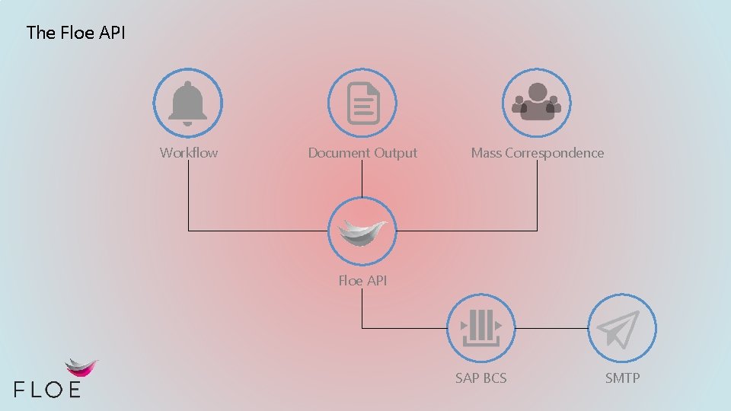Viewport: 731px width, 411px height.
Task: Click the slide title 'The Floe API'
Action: point(75,32)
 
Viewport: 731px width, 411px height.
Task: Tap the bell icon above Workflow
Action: point(188,104)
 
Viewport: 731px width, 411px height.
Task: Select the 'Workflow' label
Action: point(189,153)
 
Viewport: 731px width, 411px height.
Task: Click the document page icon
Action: point(362,104)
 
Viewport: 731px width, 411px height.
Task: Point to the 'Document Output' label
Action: point(362,153)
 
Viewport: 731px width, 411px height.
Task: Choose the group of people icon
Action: point(537,103)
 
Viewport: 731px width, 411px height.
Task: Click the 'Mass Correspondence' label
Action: point(538,153)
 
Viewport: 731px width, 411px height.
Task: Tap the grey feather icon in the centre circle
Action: point(362,231)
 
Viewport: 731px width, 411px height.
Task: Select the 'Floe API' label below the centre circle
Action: point(362,281)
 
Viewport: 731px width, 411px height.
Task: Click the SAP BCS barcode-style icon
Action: point(480,328)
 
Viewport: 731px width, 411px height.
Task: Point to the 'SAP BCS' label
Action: point(480,378)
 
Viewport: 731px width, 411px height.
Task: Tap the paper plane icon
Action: point(621,328)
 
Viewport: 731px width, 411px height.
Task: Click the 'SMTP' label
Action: point(622,378)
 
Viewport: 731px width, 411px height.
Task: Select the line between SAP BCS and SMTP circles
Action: point(551,329)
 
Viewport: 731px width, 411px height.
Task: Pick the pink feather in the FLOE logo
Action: point(81,368)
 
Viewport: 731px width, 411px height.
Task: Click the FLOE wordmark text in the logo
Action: point(47,389)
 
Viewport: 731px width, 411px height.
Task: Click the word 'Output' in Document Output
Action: point(397,153)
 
